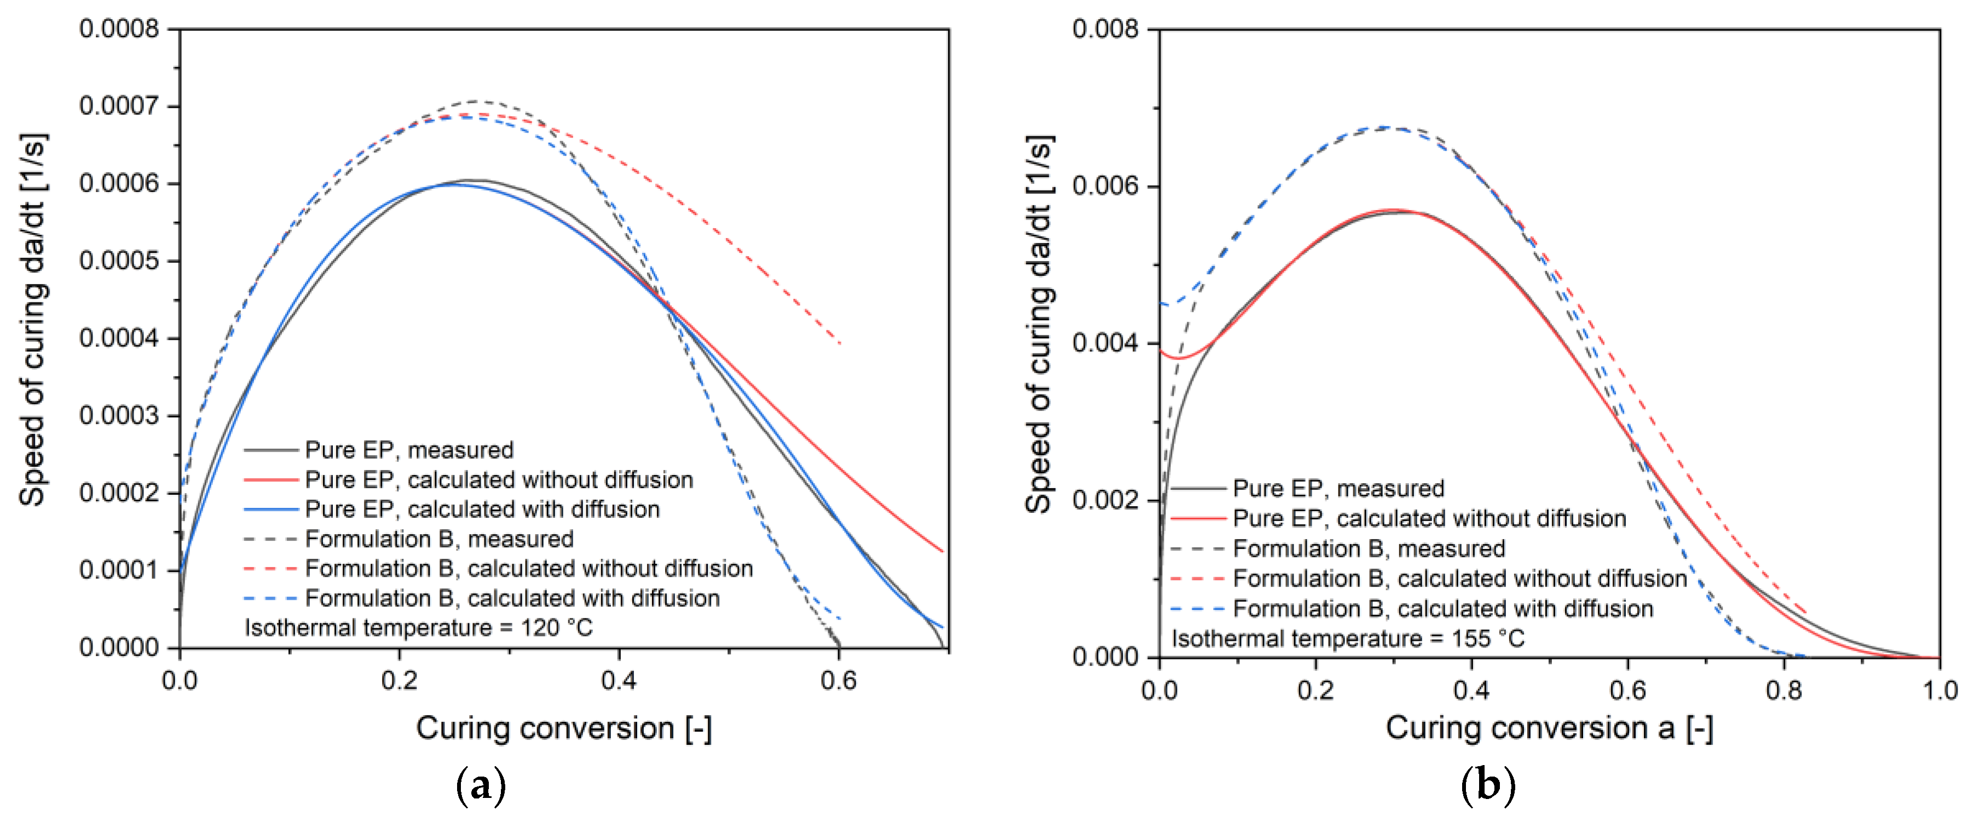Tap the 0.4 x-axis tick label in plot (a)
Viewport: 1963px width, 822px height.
click(619, 680)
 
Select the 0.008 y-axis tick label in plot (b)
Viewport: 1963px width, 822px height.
click(1105, 29)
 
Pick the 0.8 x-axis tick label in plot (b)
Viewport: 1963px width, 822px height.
click(1783, 690)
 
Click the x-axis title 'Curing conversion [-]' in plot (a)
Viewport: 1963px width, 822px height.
click(563, 728)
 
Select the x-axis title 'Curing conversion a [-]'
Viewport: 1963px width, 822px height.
click(1549, 728)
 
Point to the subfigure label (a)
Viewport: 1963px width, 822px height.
click(480, 785)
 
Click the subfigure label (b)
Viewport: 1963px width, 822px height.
click(1487, 785)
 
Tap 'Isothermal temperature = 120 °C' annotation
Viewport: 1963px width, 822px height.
click(418, 628)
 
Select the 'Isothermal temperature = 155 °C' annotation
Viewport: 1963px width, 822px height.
click(1347, 639)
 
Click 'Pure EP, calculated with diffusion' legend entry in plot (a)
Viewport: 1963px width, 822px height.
click(482, 509)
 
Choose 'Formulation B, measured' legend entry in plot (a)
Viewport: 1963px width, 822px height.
click(439, 539)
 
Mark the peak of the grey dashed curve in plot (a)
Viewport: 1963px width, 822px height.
click(476, 101)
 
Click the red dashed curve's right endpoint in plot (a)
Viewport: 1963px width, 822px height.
click(840, 344)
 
